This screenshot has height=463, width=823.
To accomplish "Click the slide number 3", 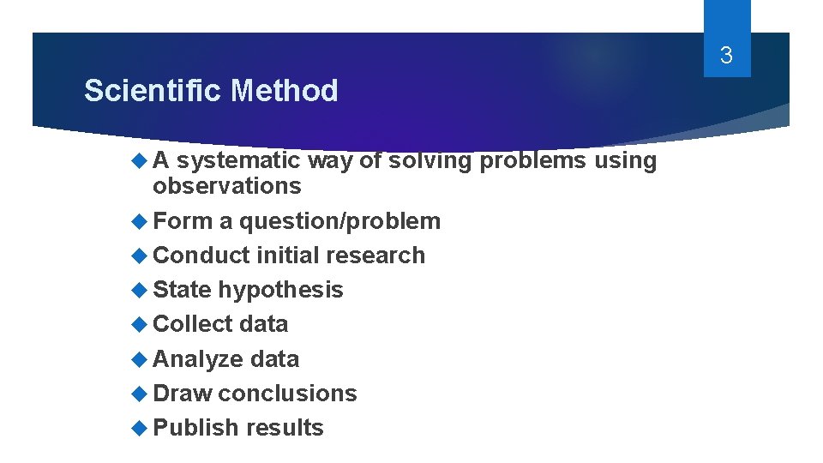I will pos(726,57).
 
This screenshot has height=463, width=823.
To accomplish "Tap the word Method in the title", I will pos(285,90).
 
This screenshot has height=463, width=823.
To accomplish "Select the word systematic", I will pos(237,160).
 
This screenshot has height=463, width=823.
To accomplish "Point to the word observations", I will pos(226,186).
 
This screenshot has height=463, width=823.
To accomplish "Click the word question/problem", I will pos(339,221).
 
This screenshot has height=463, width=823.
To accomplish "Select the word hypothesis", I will pos(280,290).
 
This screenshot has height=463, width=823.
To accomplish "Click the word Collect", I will pos(193,324).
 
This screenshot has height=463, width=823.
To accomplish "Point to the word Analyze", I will pos(198,359).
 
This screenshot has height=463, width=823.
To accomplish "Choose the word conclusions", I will pos(287,394).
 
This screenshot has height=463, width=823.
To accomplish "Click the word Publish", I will pos(195,428).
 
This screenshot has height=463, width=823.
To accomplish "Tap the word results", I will pos(284,428).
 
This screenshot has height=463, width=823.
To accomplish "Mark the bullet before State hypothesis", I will pos(141,290).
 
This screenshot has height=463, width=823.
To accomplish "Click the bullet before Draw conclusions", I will pos(141,394).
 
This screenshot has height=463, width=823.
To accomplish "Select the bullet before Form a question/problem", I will pos(141,221).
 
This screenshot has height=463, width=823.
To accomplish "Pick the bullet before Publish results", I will pos(141,428).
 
